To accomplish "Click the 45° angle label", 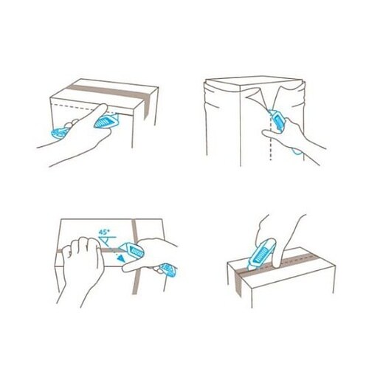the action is [104, 232].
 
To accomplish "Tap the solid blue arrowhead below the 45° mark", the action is [120, 258].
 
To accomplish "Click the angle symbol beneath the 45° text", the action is [107, 241].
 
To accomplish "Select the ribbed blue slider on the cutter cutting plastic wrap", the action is [279, 121].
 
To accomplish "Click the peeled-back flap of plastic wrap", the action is [256, 98].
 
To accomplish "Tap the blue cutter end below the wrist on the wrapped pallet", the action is [297, 151].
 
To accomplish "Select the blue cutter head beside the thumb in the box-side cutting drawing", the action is [106, 121].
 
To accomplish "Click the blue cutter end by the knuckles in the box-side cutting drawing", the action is [58, 133].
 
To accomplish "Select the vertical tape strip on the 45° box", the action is [136, 256].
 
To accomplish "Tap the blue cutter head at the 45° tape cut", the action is [131, 250].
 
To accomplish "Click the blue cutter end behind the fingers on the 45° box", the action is [168, 269].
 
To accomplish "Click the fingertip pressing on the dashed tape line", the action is [277, 264].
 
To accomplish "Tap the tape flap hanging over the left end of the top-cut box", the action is [238, 283].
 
